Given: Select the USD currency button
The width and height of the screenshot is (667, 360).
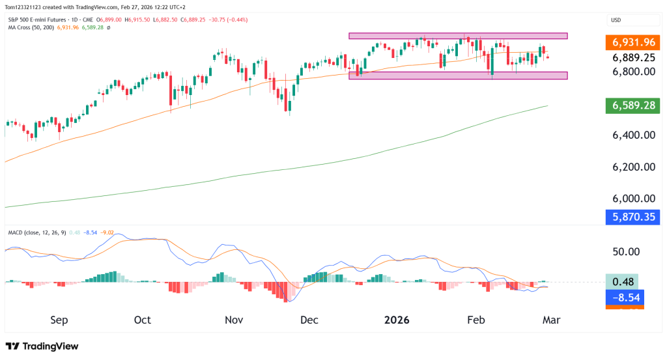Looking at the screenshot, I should tap(615, 21).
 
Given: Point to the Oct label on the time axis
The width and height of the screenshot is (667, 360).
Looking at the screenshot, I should tap(142, 320).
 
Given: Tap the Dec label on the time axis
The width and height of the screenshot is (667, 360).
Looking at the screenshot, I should tap(310, 320).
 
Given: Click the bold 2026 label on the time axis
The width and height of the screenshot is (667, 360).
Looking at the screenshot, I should tap(397, 320).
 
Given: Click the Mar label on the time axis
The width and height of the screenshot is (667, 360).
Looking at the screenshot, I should tap(550, 320).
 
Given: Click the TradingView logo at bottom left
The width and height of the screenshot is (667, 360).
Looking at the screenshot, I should tap(42, 346).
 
